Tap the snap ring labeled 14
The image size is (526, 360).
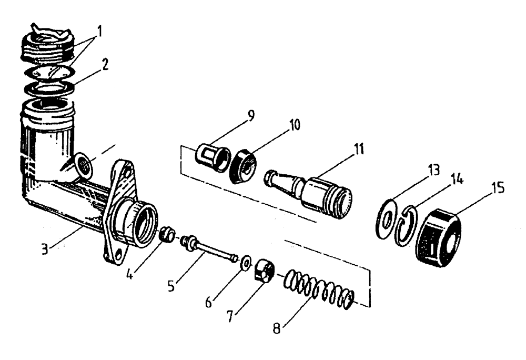tap(405, 226)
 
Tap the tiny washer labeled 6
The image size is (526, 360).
tap(245, 263)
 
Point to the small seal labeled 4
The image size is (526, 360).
tap(167, 233)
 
